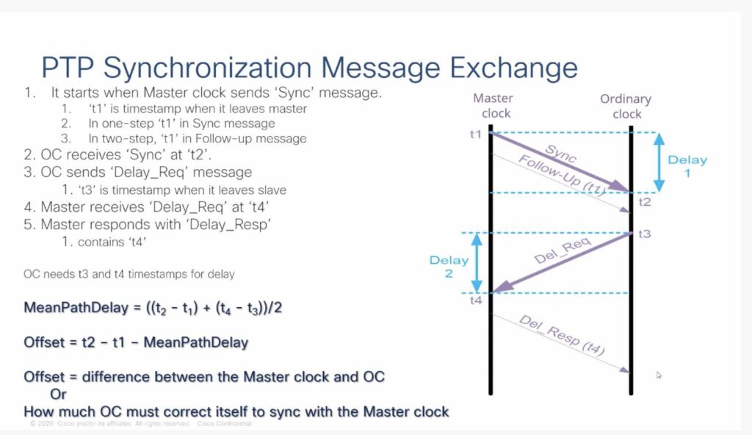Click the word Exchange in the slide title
pyautogui.click(x=513, y=68)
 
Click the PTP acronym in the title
pyautogui.click(x=68, y=67)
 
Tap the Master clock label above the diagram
pyautogui.click(x=494, y=106)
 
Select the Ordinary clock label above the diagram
pyautogui.click(x=626, y=106)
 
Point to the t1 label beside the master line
pyautogui.click(x=475, y=134)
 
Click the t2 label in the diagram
pyautogui.click(x=645, y=202)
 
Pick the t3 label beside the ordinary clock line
pyautogui.click(x=645, y=234)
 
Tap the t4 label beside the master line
pyautogui.click(x=476, y=301)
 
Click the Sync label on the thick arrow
pyautogui.click(x=560, y=153)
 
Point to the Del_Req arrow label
pyautogui.click(x=562, y=251)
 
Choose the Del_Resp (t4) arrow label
pyautogui.click(x=562, y=335)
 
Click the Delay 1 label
pyautogui.click(x=687, y=166)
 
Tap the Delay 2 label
pyautogui.click(x=449, y=267)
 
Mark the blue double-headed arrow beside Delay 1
pyautogui.click(x=659, y=163)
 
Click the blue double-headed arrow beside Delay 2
pyautogui.click(x=477, y=262)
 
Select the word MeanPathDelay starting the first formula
pyautogui.click(x=76, y=307)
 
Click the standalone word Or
pyautogui.click(x=58, y=394)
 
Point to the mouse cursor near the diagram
pyautogui.click(x=659, y=375)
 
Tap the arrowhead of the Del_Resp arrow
pyautogui.click(x=625, y=370)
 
